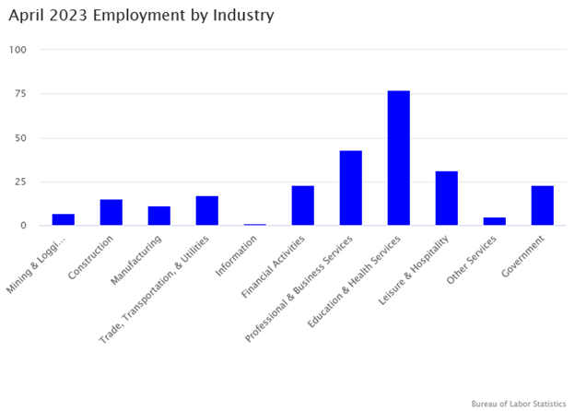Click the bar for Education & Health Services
(398, 159)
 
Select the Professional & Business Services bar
(350, 188)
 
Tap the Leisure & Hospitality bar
(446, 198)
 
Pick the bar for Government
(542, 205)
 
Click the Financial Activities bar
(302, 205)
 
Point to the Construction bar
(111, 212)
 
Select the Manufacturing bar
(158, 216)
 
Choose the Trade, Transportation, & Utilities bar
(206, 210)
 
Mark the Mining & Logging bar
(63, 219)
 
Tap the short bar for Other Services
(494, 221)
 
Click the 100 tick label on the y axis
(18, 49)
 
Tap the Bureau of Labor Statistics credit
(518, 403)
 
